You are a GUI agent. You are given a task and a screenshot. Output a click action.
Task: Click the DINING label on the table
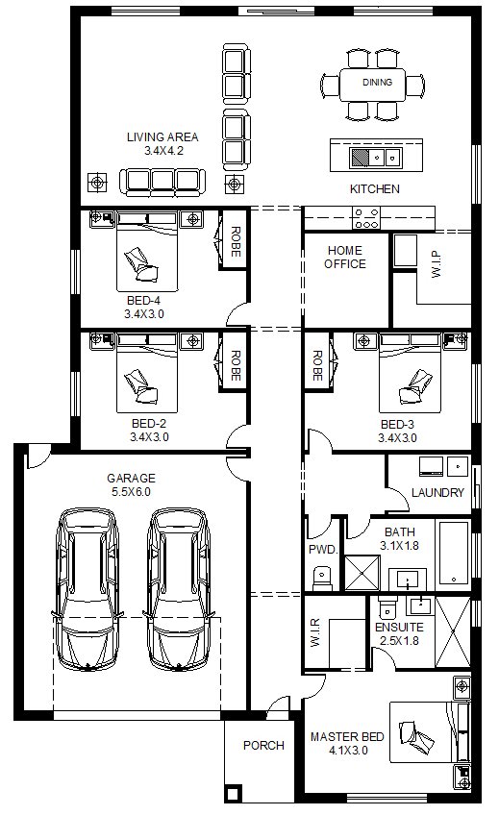(x=377, y=82)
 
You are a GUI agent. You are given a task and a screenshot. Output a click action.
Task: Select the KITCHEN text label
(x=375, y=189)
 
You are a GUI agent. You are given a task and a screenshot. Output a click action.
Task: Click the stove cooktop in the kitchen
(x=366, y=218)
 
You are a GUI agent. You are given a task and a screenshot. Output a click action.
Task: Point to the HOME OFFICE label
(x=345, y=258)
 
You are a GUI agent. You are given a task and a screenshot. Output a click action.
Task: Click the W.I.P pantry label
(x=437, y=264)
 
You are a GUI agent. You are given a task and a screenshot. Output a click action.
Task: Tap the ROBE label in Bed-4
(x=235, y=241)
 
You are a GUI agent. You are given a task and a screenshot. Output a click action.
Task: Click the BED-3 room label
(x=397, y=425)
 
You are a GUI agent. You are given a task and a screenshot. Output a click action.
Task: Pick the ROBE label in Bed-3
(x=316, y=365)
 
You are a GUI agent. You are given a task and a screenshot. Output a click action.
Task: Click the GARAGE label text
(x=131, y=479)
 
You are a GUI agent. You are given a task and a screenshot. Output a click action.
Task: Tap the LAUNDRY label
(x=437, y=492)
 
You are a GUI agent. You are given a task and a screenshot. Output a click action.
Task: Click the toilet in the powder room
(x=322, y=577)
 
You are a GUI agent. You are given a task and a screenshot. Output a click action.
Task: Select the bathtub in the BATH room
(x=454, y=555)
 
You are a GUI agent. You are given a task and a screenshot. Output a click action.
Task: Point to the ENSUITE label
(x=399, y=627)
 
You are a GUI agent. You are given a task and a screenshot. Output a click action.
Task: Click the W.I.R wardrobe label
(x=315, y=633)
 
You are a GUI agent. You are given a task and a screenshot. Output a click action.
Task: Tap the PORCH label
(x=263, y=746)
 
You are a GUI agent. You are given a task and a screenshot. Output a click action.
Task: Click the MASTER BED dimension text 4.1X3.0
(x=348, y=751)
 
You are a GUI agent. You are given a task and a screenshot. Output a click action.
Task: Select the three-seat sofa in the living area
(x=162, y=182)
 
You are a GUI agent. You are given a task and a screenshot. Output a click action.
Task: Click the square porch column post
(x=233, y=794)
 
